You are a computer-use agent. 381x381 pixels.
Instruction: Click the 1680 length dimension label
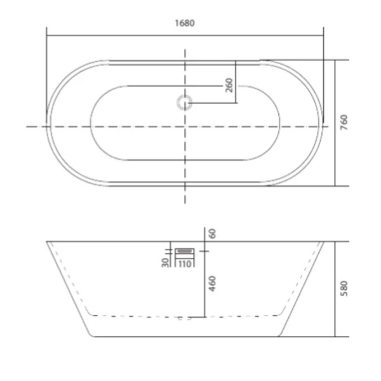185,23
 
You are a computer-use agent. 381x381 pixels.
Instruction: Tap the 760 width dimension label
344,122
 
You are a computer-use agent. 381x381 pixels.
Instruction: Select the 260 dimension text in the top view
229,85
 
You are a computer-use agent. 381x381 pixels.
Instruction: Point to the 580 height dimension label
344,288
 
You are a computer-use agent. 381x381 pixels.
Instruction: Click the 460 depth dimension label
212,284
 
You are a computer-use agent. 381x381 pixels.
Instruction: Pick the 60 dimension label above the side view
212,234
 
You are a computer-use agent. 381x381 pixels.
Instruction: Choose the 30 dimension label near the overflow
165,262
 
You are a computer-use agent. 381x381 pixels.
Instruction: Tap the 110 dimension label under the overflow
185,264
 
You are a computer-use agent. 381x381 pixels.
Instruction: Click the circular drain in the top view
184,102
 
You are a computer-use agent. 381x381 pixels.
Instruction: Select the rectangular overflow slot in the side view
185,251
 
